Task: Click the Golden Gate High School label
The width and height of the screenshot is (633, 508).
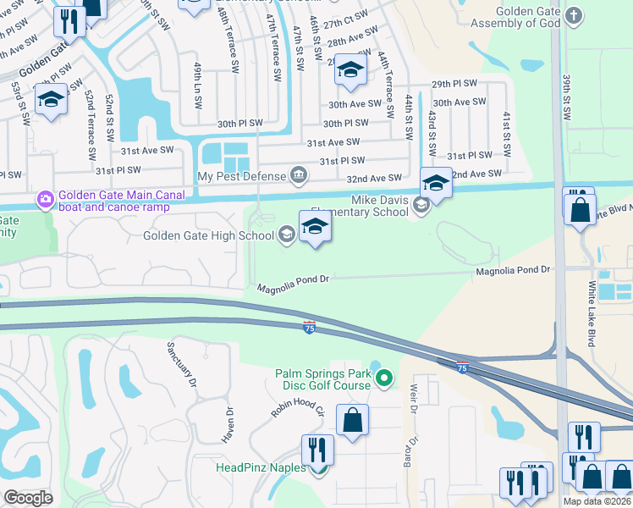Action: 210,235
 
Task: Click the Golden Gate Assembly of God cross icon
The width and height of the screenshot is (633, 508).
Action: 575,16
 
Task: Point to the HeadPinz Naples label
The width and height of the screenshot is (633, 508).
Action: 261,467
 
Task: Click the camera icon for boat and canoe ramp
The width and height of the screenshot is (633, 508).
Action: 45,200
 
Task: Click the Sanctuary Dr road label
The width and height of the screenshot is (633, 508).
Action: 182,364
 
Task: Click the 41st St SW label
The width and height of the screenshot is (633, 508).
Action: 506,134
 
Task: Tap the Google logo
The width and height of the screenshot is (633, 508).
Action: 29,497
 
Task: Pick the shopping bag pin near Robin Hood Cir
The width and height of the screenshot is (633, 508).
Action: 352,420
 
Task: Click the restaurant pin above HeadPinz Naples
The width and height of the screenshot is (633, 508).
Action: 318,449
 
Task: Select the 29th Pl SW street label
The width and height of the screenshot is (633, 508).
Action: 454,85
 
